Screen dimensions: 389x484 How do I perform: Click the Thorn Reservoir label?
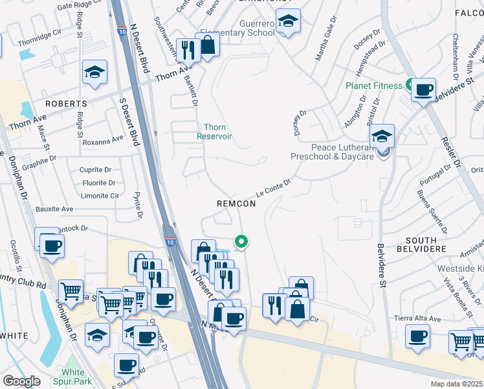pos(215,132)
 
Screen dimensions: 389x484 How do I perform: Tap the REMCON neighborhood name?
pos(236,204)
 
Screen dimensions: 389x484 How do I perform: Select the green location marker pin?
pos(241,242)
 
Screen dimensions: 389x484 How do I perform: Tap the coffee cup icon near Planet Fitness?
pos(423,90)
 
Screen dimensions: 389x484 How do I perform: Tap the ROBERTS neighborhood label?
pos(66,104)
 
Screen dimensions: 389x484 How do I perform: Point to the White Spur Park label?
pos(73,377)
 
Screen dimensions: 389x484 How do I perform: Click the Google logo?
pos(21,381)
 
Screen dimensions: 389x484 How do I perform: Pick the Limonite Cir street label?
pos(100,196)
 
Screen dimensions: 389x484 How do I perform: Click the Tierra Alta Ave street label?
pos(417,319)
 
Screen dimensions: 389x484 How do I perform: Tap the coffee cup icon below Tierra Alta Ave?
pos(417,337)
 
